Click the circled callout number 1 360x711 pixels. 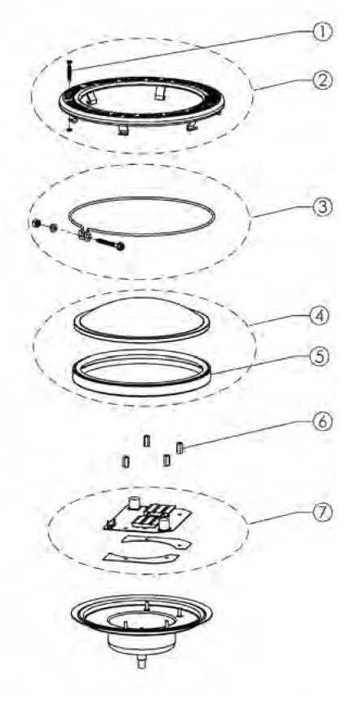coord(323,32)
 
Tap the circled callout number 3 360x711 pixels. coord(323,207)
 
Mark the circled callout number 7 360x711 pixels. coord(322,512)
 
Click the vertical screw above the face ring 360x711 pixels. coord(69,73)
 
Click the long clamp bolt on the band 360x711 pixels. coord(109,243)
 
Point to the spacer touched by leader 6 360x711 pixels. coord(180,448)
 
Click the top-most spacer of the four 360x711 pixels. coord(146,441)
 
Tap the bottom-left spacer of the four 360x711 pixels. coord(125,462)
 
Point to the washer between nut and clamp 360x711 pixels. coord(54,228)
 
